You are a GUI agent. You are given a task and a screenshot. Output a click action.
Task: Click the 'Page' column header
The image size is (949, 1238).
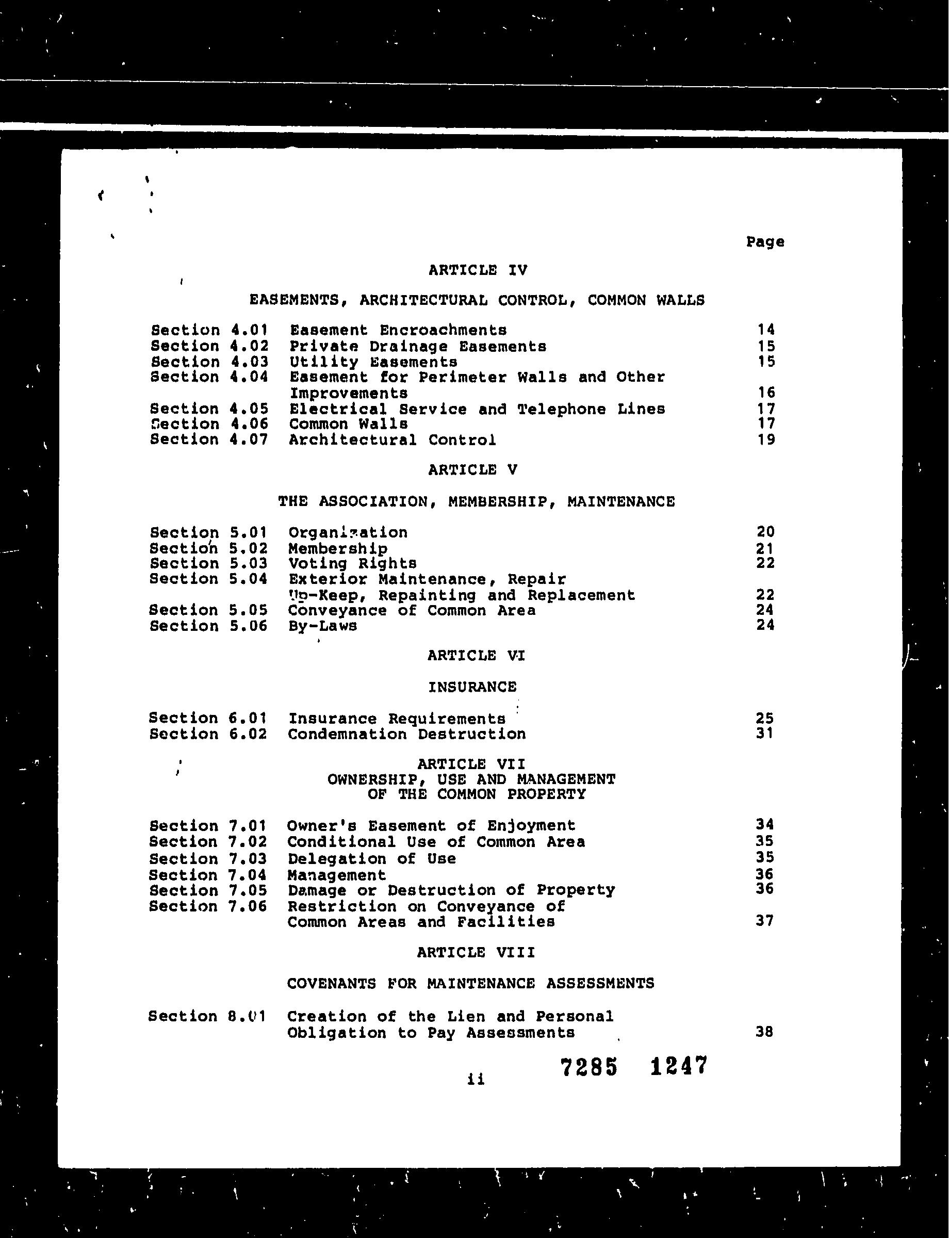(765, 242)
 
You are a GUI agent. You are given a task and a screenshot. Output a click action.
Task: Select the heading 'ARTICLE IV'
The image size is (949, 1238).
(477, 270)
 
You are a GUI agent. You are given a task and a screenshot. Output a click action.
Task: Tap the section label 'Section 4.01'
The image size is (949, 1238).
(209, 330)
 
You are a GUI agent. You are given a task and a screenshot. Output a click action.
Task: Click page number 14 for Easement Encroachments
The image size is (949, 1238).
(766, 330)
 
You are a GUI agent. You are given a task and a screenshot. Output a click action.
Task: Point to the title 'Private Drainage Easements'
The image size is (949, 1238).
(417, 346)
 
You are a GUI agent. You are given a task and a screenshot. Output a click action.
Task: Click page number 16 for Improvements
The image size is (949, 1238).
(766, 393)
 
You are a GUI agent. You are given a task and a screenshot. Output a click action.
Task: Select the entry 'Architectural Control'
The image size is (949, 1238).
(392, 439)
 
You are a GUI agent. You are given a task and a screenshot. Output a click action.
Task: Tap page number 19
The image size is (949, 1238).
(766, 439)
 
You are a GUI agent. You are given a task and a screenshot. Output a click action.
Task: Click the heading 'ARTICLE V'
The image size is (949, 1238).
(472, 470)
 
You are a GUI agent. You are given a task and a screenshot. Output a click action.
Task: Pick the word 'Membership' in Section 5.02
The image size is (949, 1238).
(338, 549)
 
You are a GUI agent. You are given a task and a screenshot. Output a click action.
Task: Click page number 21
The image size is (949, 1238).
(765, 549)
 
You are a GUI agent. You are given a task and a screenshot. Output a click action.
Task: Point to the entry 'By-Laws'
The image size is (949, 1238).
(322, 626)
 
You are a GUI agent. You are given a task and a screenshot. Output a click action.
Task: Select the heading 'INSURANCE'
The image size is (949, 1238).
(472, 687)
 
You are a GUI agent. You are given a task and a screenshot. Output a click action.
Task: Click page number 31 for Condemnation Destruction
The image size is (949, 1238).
(764, 734)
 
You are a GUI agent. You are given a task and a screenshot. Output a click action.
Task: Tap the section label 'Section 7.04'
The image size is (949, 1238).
(208, 875)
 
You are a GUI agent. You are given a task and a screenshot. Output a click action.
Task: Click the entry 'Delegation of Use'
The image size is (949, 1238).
(372, 859)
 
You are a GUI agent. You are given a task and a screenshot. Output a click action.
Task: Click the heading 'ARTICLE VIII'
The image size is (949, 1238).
(476, 953)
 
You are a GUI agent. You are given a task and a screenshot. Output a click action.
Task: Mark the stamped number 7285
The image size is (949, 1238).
(589, 1067)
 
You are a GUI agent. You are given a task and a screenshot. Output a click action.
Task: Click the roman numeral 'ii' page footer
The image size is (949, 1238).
(476, 1080)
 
